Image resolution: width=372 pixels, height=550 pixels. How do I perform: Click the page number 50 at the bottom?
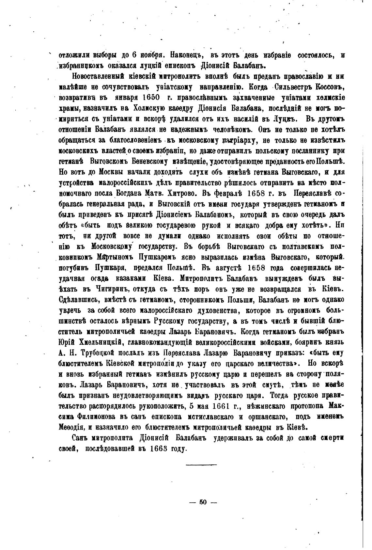(203, 502)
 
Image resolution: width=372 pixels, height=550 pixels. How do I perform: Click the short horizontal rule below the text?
(201, 464)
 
